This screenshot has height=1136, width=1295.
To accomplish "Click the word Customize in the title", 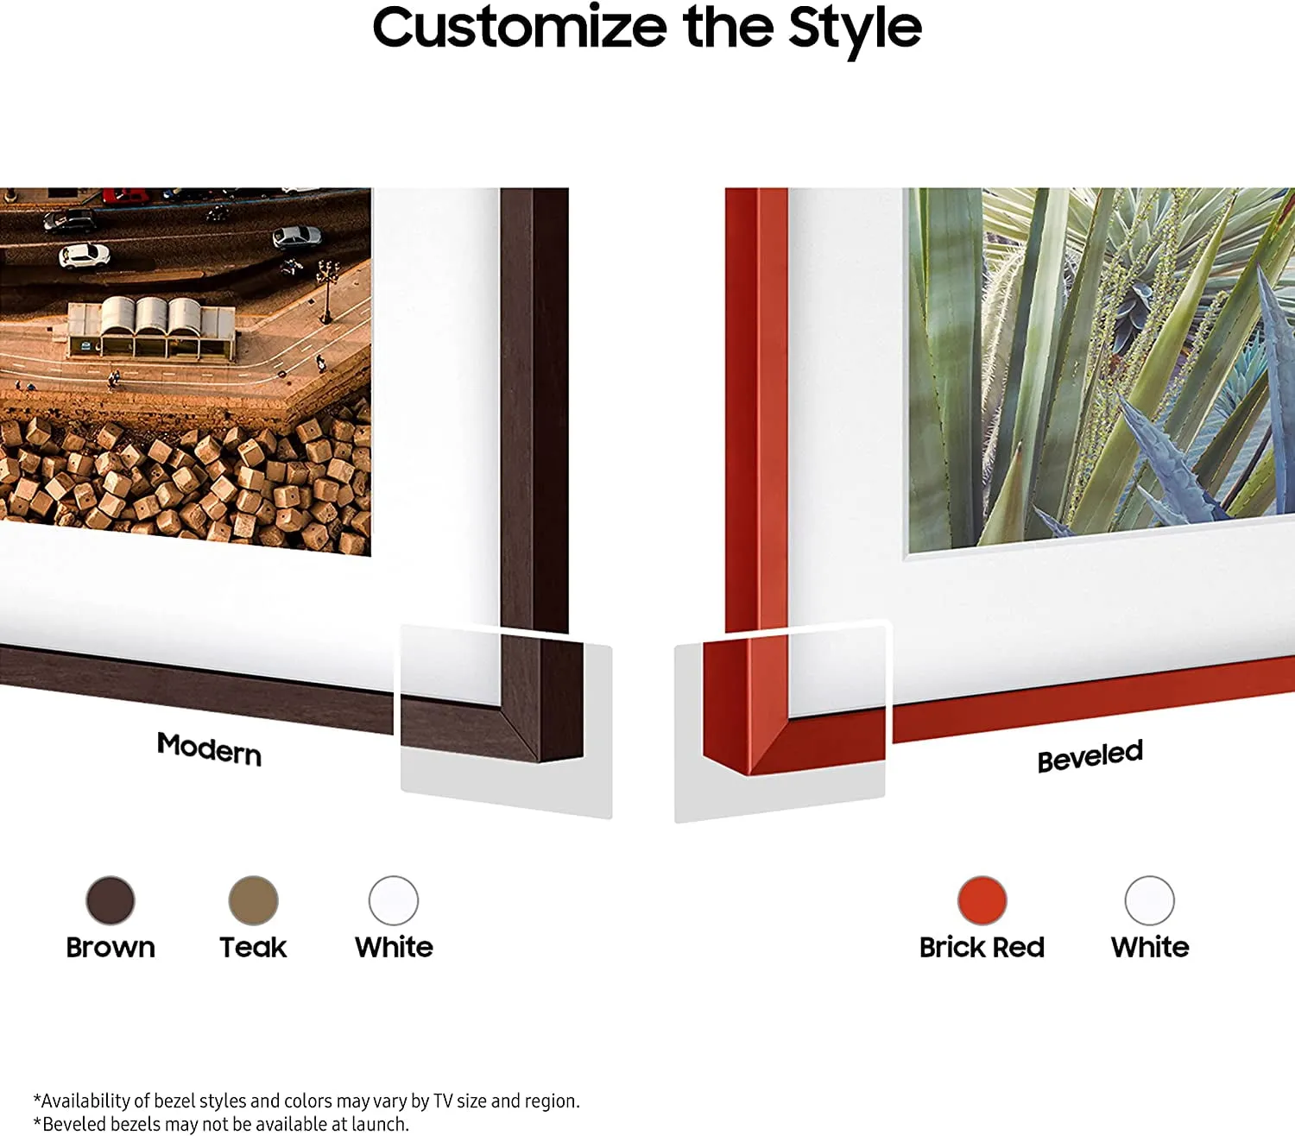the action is (x=520, y=28).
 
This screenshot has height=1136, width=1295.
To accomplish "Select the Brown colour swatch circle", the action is (x=111, y=900).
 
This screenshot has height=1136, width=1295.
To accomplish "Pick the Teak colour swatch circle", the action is (x=253, y=900).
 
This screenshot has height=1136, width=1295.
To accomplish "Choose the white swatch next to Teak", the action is (x=394, y=900).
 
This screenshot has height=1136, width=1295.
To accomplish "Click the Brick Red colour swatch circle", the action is (x=982, y=900).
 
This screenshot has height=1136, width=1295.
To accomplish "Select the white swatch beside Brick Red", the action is (x=1150, y=900).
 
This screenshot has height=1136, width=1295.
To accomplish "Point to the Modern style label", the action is (x=210, y=748).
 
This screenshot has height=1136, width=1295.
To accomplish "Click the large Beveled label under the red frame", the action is (x=1090, y=755).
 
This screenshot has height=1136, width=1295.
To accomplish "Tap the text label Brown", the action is (x=111, y=948).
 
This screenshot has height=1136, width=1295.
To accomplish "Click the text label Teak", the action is (x=253, y=948).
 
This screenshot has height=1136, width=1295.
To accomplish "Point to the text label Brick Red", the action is (x=982, y=948).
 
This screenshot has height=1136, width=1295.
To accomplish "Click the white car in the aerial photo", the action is (x=85, y=256).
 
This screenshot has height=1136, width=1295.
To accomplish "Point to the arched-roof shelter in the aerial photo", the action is (x=151, y=327).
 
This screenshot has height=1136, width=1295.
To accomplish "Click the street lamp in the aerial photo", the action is (x=327, y=291).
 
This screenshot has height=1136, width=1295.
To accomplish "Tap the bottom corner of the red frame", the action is (x=749, y=774).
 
